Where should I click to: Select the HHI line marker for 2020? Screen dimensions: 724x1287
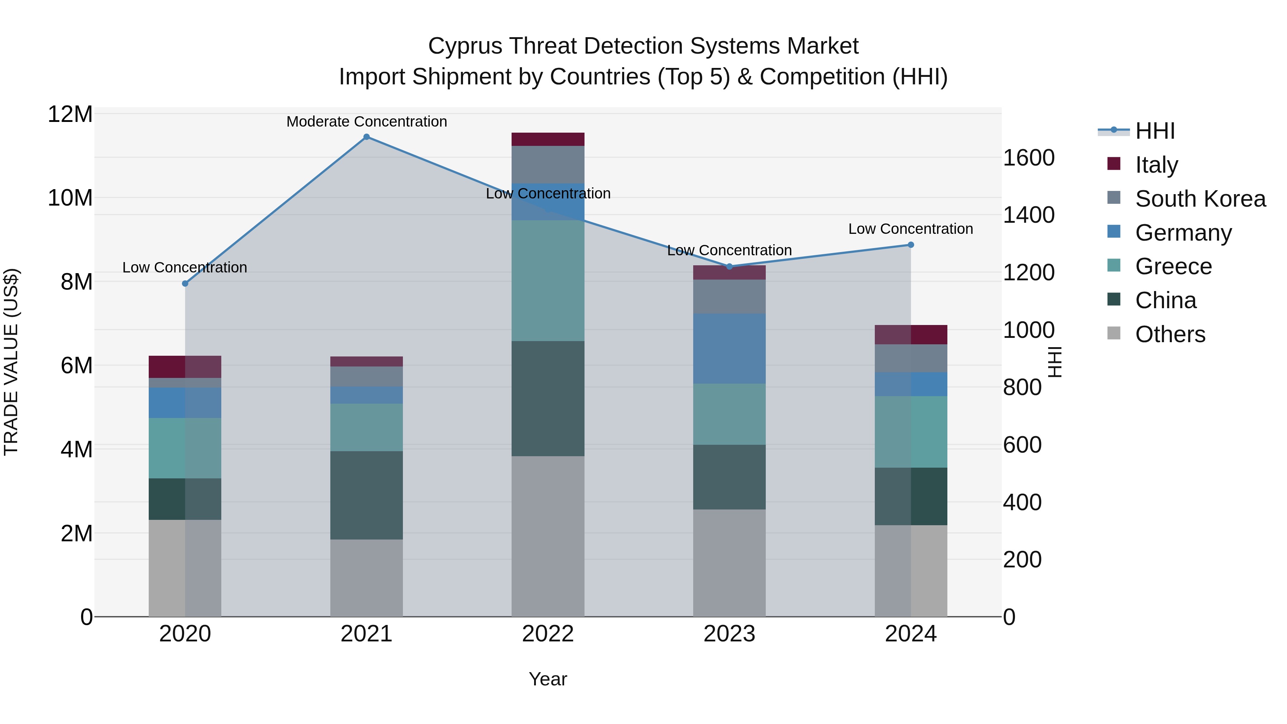coord(185,283)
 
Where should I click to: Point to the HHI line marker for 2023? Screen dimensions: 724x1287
coord(729,266)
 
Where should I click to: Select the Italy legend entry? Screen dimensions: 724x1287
coord(1156,164)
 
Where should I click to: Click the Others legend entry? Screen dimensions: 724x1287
coord(1170,334)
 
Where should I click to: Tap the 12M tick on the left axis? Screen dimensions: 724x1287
coord(70,114)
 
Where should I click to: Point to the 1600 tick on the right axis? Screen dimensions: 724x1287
coord(1028,158)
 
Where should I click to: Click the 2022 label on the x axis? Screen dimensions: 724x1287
coord(548,634)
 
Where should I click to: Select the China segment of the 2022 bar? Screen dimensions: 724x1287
coord(548,398)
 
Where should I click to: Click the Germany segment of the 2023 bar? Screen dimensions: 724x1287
coord(729,348)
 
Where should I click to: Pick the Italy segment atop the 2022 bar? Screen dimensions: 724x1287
coord(548,139)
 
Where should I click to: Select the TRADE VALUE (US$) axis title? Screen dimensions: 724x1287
coord(11,362)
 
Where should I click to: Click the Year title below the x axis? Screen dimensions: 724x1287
coord(548,679)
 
